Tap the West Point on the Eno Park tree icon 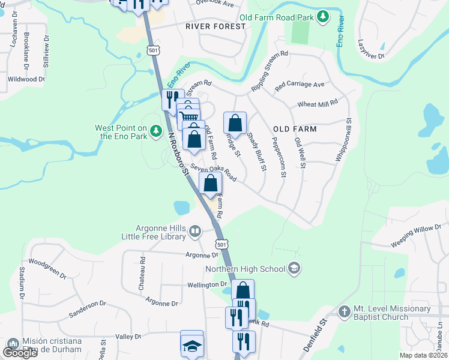(156, 130)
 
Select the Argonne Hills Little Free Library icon (195, 231)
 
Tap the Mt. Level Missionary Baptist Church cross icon (344, 311)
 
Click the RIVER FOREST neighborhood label (215, 26)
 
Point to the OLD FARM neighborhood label (294, 129)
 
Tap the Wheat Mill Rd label (318, 104)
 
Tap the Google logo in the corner (20, 352)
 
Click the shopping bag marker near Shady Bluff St (235, 122)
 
